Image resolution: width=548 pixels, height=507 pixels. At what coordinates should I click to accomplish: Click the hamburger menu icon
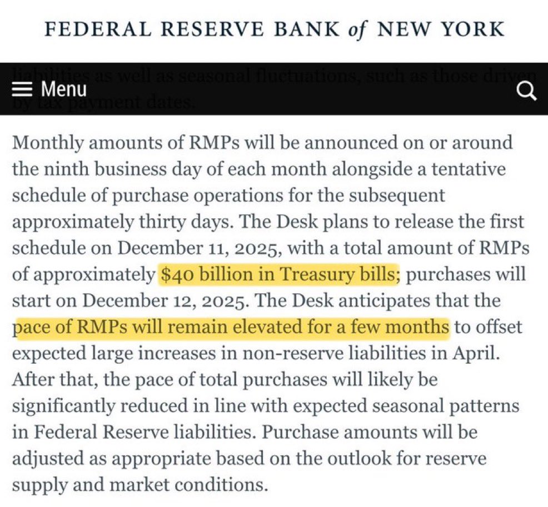click(x=23, y=90)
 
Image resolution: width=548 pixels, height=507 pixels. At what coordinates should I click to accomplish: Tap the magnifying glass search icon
click(x=526, y=91)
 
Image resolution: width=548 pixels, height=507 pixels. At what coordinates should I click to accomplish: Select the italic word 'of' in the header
click(x=356, y=28)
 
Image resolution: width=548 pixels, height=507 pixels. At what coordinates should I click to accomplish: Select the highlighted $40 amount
click(x=177, y=274)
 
